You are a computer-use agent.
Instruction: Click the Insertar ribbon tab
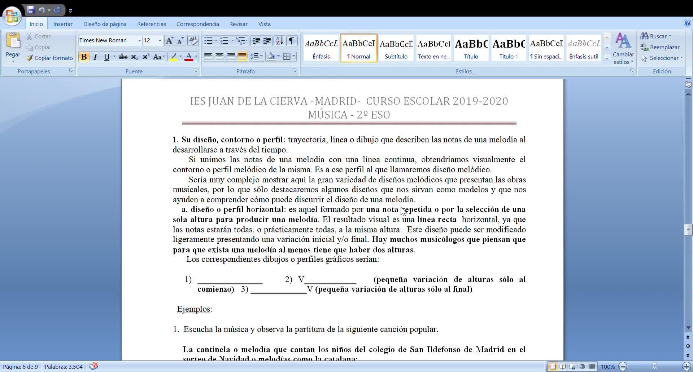[x=63, y=24]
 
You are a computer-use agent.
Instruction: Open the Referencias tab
[x=151, y=24]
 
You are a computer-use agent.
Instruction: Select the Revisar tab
[x=238, y=24]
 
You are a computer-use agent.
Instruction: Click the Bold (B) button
[x=84, y=57]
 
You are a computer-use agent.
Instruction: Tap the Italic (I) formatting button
[x=95, y=57]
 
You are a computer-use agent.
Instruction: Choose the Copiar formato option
[x=49, y=58]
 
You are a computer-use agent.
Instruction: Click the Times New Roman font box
[x=107, y=40]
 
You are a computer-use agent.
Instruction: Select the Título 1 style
[x=508, y=48]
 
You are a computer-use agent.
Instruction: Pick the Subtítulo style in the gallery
[x=396, y=48]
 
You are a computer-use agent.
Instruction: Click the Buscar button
[x=655, y=36]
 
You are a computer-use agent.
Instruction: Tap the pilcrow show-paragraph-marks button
[x=292, y=40]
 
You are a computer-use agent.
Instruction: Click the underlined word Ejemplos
[x=193, y=309]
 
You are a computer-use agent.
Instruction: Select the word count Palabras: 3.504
[x=64, y=367]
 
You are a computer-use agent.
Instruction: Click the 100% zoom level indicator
[x=607, y=367]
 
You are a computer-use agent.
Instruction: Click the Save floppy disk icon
[x=31, y=10]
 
